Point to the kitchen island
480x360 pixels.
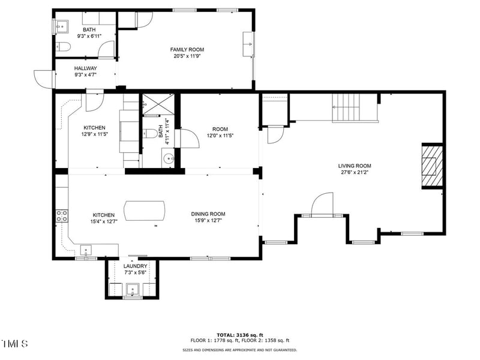click(x=145, y=210)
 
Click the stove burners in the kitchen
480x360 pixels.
click(x=61, y=216)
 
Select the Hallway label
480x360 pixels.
click(x=85, y=68)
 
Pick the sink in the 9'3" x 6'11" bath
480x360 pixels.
click(x=61, y=26)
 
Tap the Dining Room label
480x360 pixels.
click(x=208, y=214)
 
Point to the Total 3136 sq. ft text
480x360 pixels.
click(x=239, y=335)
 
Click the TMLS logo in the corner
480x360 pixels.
click(x=15, y=344)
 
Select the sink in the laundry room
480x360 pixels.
click(x=133, y=292)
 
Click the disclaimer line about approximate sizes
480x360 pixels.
click(x=239, y=350)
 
